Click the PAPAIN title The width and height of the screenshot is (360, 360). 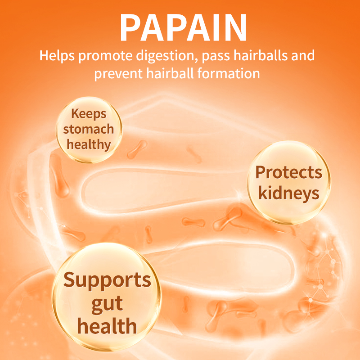pos(184,28)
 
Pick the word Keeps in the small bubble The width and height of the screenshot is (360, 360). pos(89,114)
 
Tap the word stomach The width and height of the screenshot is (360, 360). pos(89,129)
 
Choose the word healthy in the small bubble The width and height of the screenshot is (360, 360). pos(89,144)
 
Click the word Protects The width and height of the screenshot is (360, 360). pos(289,172)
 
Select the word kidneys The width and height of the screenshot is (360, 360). pos(289,193)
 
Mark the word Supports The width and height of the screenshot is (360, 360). pos(107,280)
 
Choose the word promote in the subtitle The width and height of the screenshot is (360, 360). pos(102,57)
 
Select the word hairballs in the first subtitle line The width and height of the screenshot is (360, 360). pos(255,56)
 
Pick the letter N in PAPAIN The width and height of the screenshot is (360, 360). pos(235,28)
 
